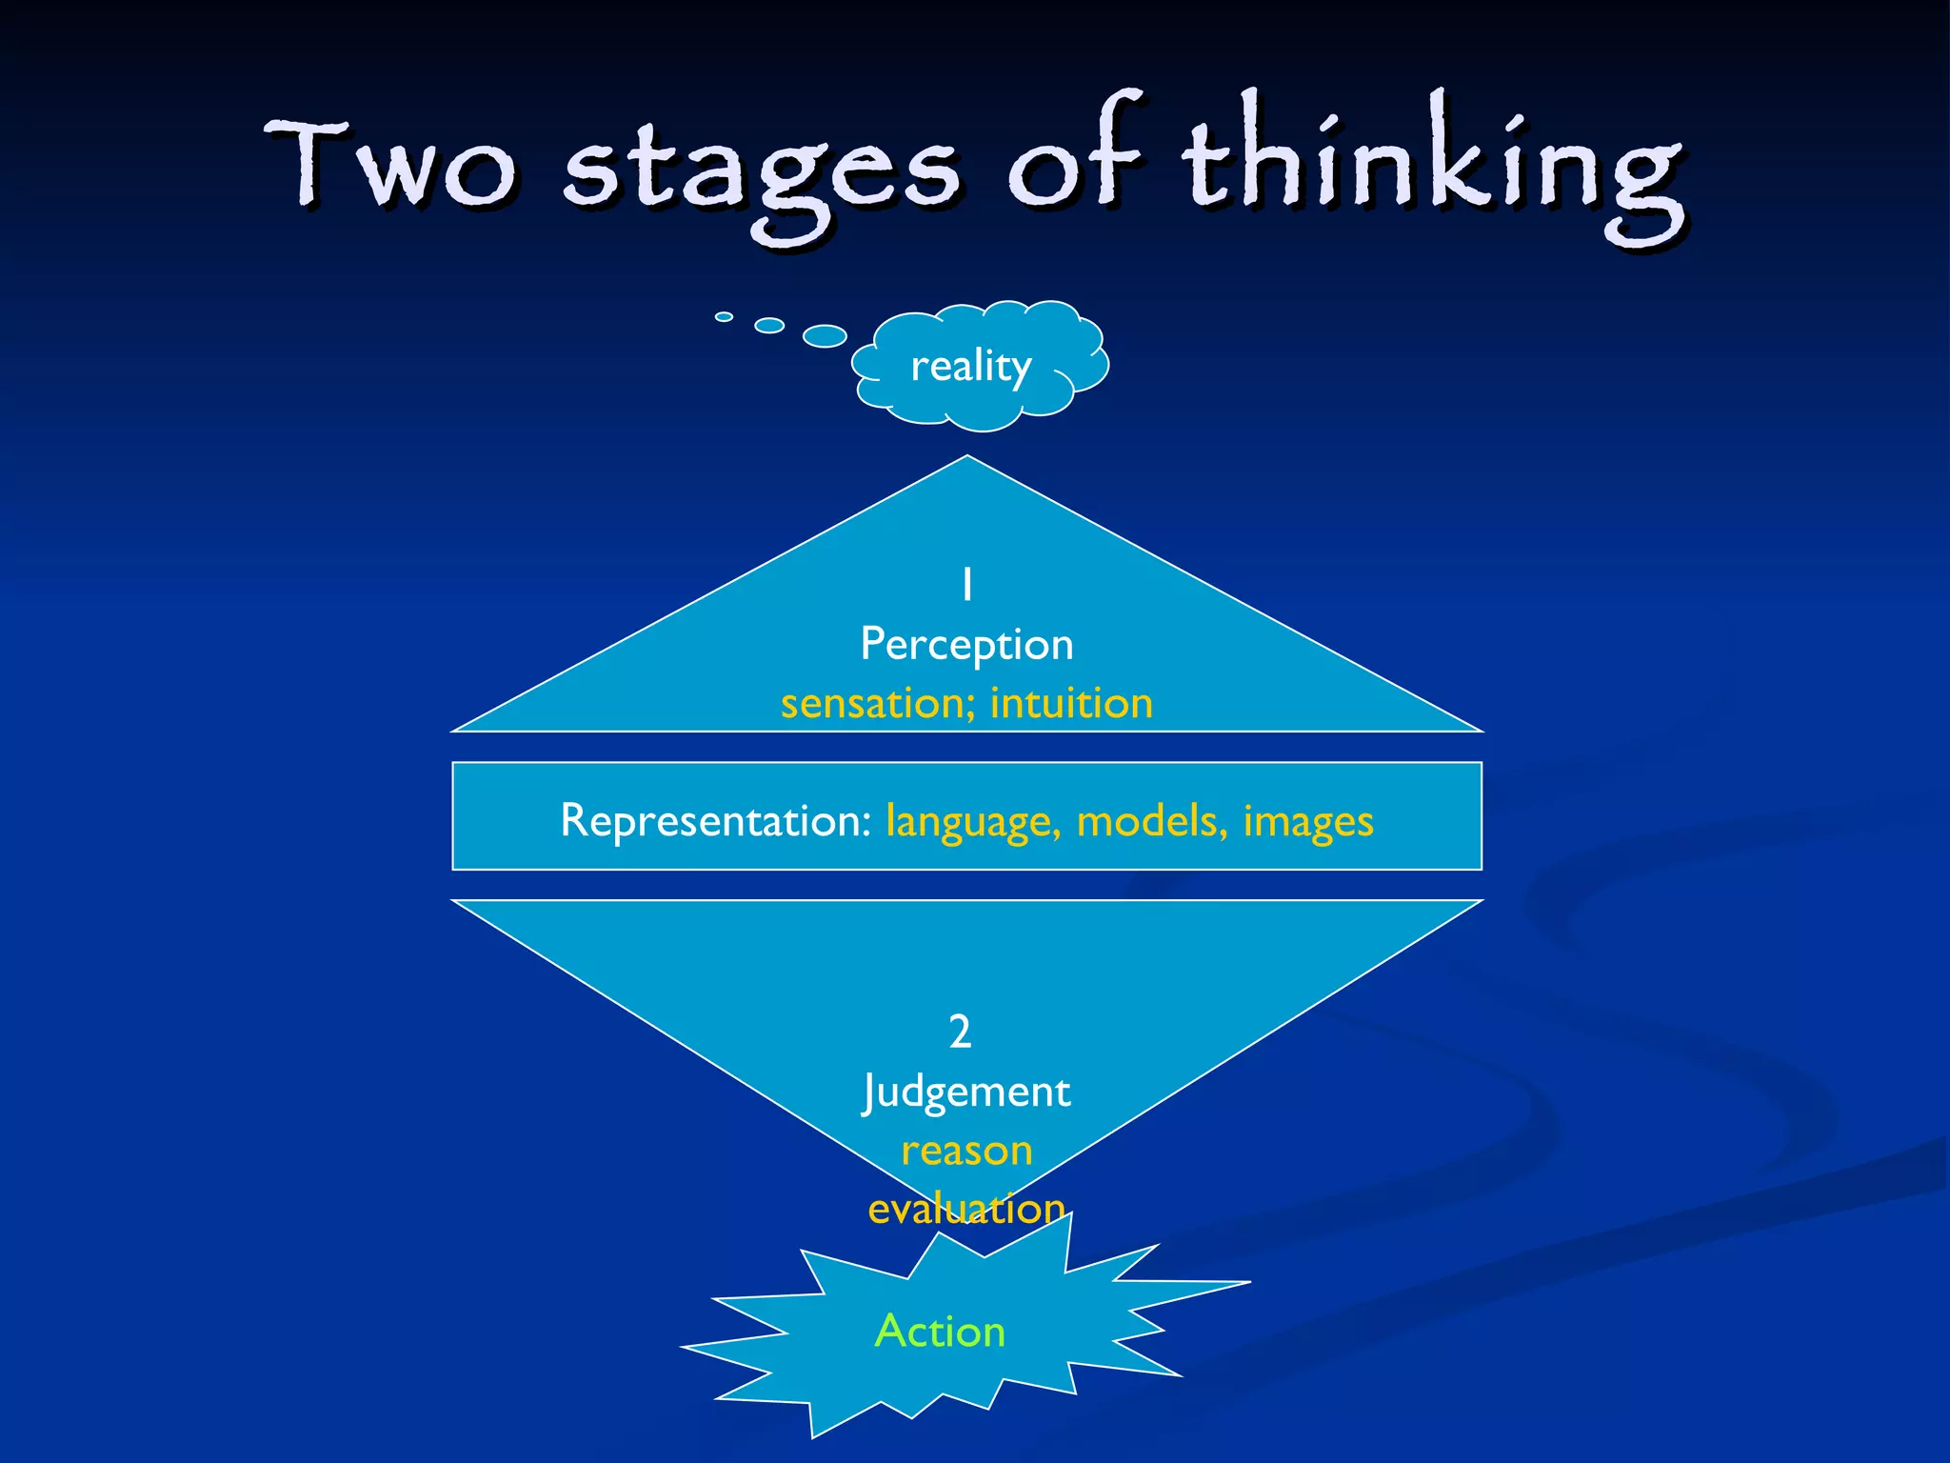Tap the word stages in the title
tap(762, 171)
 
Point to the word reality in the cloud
tap(971, 366)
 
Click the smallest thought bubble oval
tap(725, 316)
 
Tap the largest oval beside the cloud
tap(825, 335)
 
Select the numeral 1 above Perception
tap(967, 585)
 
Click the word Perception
tap(966, 645)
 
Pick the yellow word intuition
tap(1071, 704)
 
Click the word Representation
tap(714, 820)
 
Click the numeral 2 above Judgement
tap(960, 1032)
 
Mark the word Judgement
tap(966, 1092)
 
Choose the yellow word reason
tap(966, 1152)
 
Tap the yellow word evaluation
tap(966, 1210)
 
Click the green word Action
tap(940, 1332)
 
